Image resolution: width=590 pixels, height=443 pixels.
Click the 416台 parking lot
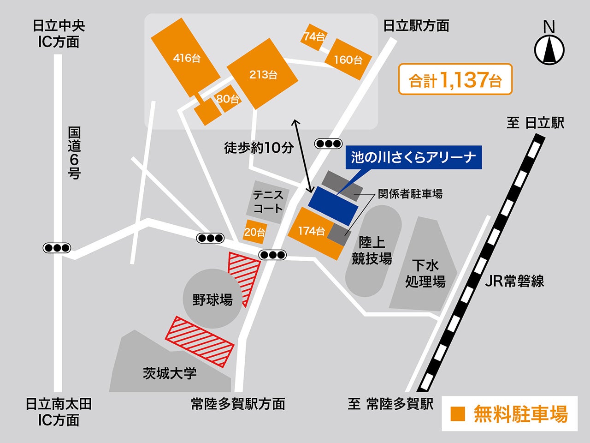point(186,58)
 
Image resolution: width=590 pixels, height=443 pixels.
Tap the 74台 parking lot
point(314,36)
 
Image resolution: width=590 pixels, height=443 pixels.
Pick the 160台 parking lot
point(348,60)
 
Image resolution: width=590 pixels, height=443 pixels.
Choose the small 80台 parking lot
point(228,98)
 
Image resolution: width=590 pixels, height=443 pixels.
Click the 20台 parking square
point(254,232)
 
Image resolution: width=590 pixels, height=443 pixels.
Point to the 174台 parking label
point(311,231)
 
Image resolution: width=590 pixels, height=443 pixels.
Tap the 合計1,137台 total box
point(455,79)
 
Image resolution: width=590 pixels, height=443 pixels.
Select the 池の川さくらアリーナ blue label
point(413,157)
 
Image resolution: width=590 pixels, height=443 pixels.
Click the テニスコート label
point(268,202)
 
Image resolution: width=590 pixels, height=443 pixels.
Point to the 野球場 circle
point(212,299)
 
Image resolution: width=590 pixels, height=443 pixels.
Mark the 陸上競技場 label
point(372,251)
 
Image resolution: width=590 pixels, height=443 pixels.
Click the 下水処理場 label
point(425,273)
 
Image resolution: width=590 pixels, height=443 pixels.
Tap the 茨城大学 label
point(170,373)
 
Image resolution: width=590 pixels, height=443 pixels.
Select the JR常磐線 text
point(514,281)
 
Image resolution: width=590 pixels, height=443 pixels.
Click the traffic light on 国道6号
point(57,248)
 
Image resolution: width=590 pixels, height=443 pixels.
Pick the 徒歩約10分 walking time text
point(259,148)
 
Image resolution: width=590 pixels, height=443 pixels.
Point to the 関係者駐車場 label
point(410,194)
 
